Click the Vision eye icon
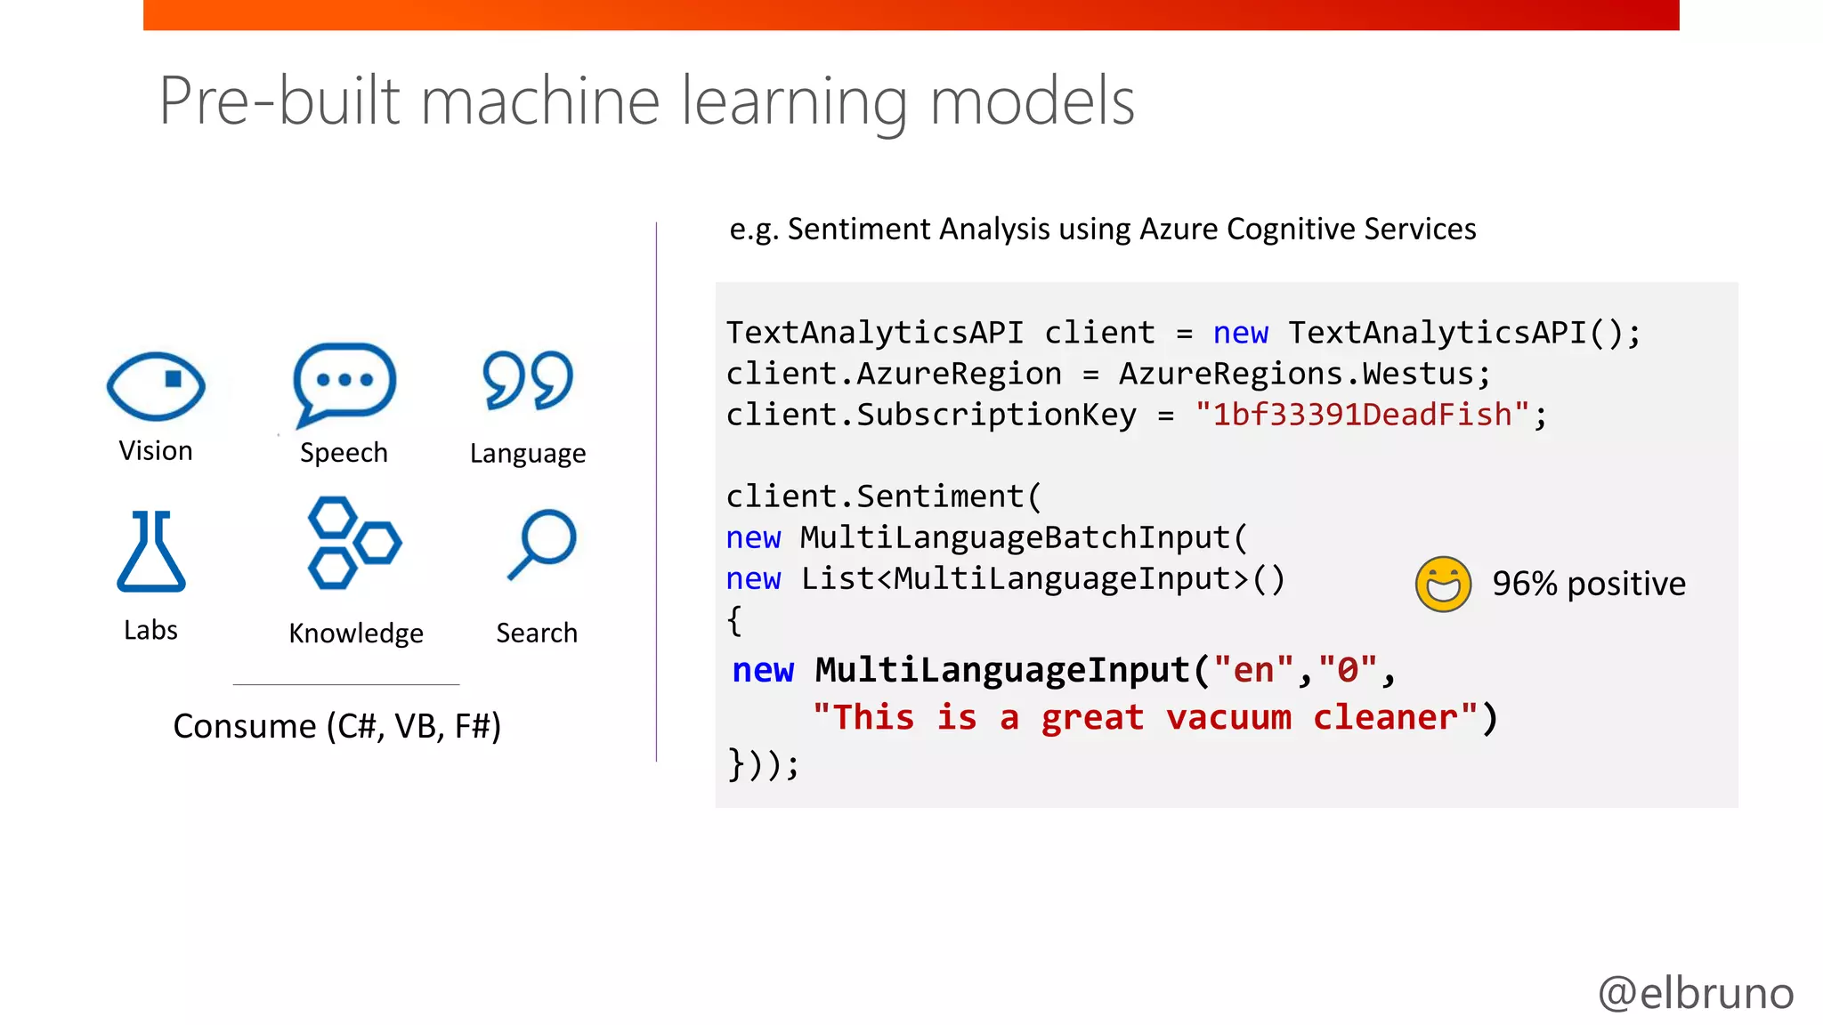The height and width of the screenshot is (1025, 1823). pos(156,385)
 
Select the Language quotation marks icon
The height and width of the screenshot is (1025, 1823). pos(528,381)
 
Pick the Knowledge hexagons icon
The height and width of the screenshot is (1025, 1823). pos(353,543)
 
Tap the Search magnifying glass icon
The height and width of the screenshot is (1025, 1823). pos(542,543)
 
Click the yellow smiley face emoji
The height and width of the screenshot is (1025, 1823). pos(1443,585)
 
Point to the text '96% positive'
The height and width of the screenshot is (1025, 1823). pos(1589,584)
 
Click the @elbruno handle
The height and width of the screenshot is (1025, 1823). pos(1696,992)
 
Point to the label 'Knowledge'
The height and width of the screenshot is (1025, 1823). pos(356,633)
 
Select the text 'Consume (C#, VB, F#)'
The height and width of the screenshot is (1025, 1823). pos(336,726)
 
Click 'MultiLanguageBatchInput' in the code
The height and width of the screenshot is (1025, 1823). pos(1015,537)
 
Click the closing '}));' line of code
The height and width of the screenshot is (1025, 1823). pos(764,763)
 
